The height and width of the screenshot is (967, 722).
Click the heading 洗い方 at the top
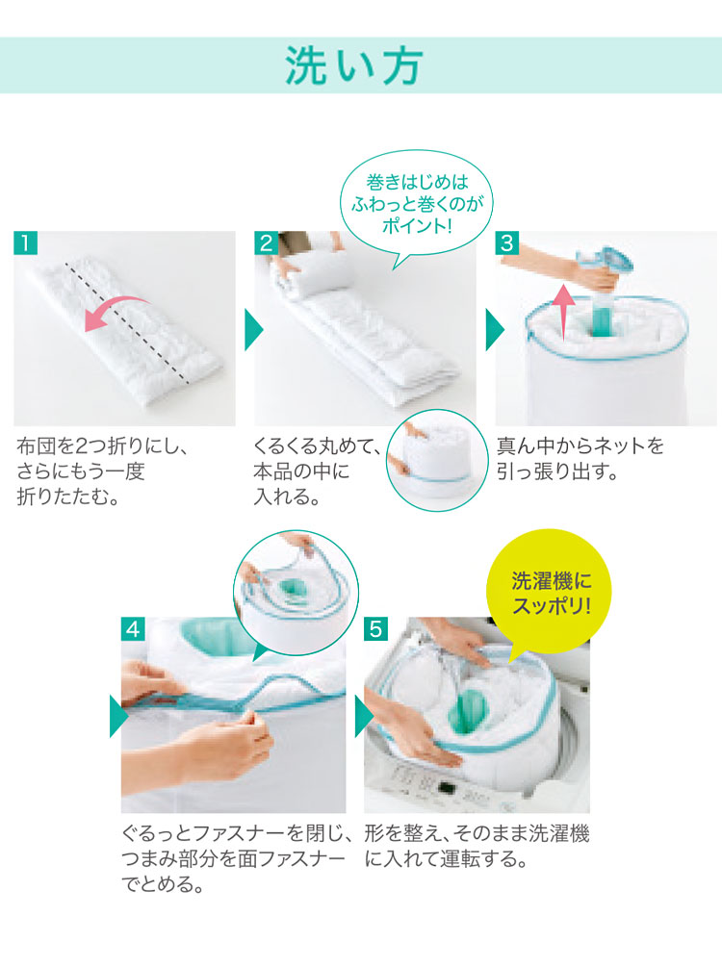pos(353,65)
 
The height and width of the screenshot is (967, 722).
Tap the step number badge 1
pos(25,243)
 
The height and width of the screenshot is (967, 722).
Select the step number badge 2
pos(267,243)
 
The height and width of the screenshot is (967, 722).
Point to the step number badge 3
pos(507,243)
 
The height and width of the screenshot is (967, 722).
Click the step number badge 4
pos(133,629)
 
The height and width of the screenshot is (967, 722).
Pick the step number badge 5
pos(375,629)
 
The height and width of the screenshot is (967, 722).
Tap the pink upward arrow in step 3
pos(563,314)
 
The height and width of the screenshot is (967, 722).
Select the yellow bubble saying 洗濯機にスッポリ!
pos(549,591)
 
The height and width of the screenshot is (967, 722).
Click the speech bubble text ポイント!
pos(417,225)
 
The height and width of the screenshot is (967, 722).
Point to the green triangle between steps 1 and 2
pos(253,330)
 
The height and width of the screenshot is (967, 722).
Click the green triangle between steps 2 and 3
pos(495,330)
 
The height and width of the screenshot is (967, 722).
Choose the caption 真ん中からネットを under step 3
pos(580,445)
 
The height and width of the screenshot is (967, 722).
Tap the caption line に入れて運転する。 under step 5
pos(446,858)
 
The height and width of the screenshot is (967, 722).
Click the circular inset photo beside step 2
pos(437,460)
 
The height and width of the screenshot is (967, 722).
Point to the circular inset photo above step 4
pos(297,593)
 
